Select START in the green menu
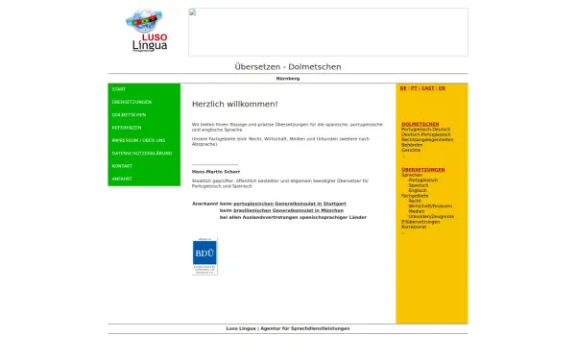(x=119, y=89)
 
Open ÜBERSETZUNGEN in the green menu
(x=132, y=102)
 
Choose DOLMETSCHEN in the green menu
(x=129, y=114)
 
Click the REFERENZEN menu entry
(x=127, y=127)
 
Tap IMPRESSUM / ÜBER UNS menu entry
(x=138, y=140)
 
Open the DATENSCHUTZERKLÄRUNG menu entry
(x=142, y=153)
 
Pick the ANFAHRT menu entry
(x=122, y=179)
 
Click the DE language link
(x=403, y=87)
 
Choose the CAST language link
(x=428, y=87)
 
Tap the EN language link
(x=443, y=87)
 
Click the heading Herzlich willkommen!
(x=235, y=104)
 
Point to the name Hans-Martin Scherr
(x=216, y=172)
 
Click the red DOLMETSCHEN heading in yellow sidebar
(x=420, y=124)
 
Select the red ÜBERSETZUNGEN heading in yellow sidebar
(x=423, y=169)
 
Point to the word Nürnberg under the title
(x=288, y=78)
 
